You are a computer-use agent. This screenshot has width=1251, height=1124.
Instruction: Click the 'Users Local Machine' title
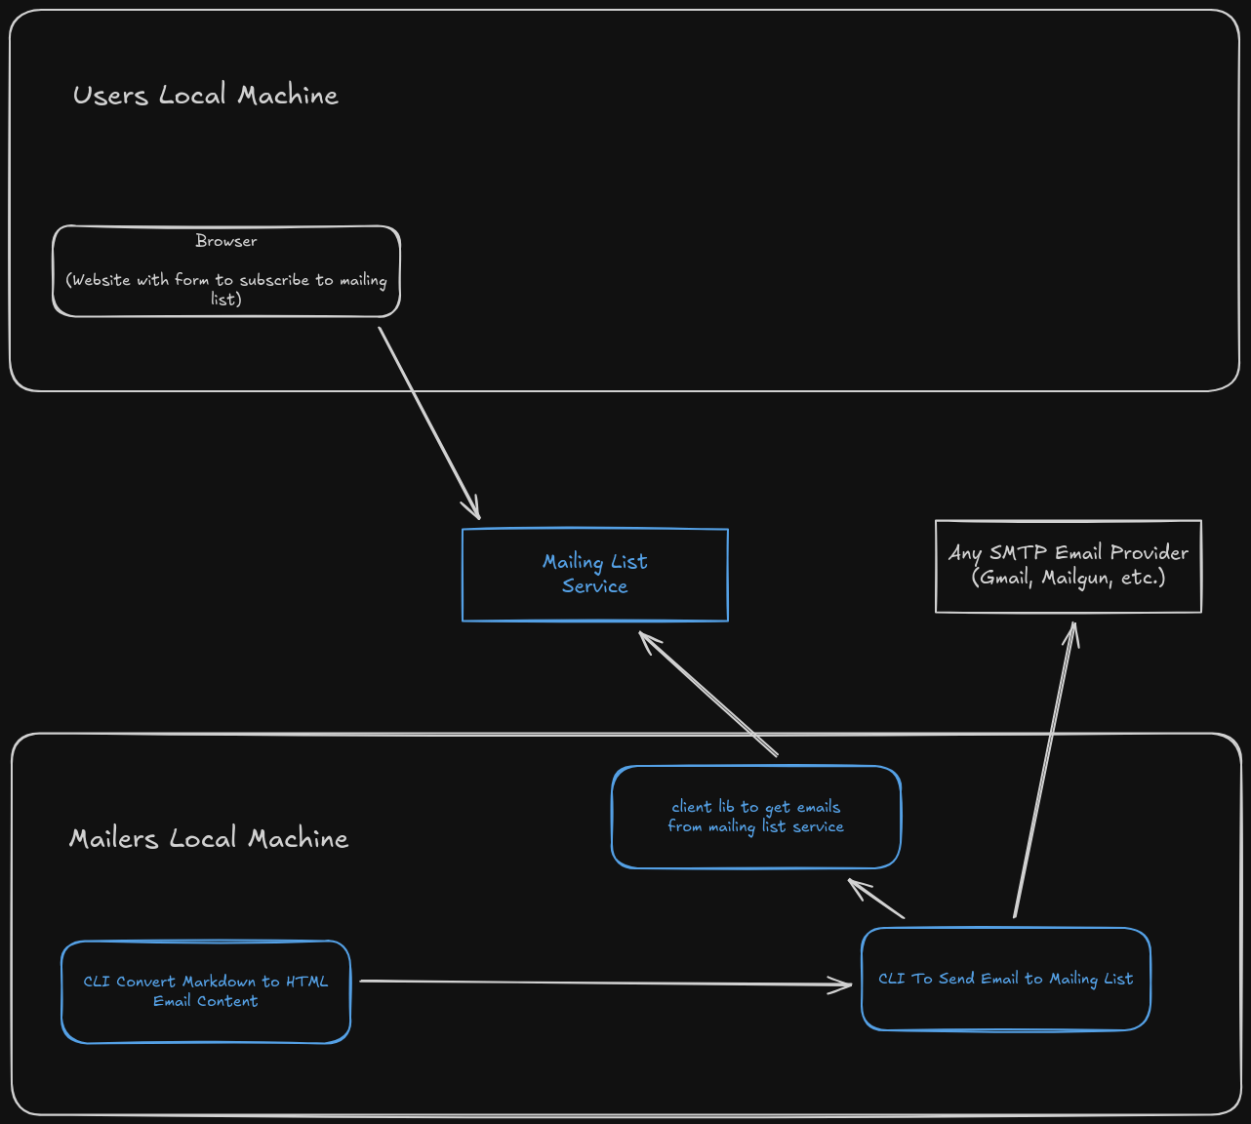(x=206, y=95)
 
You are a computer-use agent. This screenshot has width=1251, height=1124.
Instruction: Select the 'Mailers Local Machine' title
(x=209, y=838)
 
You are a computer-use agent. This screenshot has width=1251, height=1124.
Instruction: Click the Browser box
(x=226, y=271)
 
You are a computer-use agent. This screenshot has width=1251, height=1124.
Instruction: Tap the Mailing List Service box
(x=595, y=575)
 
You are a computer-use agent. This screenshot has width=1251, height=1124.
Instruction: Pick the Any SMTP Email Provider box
(x=1069, y=566)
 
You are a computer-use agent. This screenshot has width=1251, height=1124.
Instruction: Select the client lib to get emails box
(x=756, y=817)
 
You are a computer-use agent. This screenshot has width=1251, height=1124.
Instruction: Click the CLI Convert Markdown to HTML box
(x=206, y=991)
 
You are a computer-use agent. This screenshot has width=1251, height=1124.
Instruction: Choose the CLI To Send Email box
(x=1006, y=979)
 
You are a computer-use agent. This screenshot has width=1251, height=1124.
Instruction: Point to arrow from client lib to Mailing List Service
(x=707, y=693)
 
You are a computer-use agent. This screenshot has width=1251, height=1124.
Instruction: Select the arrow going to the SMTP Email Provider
(x=1044, y=771)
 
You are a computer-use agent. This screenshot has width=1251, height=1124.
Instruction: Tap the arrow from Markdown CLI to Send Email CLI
(x=605, y=983)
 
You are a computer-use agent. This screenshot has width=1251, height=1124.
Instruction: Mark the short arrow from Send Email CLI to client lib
(x=876, y=899)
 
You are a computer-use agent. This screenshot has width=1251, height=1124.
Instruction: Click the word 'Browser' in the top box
(x=226, y=241)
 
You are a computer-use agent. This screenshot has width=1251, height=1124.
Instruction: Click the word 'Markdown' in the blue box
(x=219, y=982)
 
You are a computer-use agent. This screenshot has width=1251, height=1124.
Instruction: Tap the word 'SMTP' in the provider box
(x=1018, y=552)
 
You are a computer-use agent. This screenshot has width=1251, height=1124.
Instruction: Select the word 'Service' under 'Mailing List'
(x=594, y=586)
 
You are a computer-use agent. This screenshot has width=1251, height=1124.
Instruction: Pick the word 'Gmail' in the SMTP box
(x=1004, y=578)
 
